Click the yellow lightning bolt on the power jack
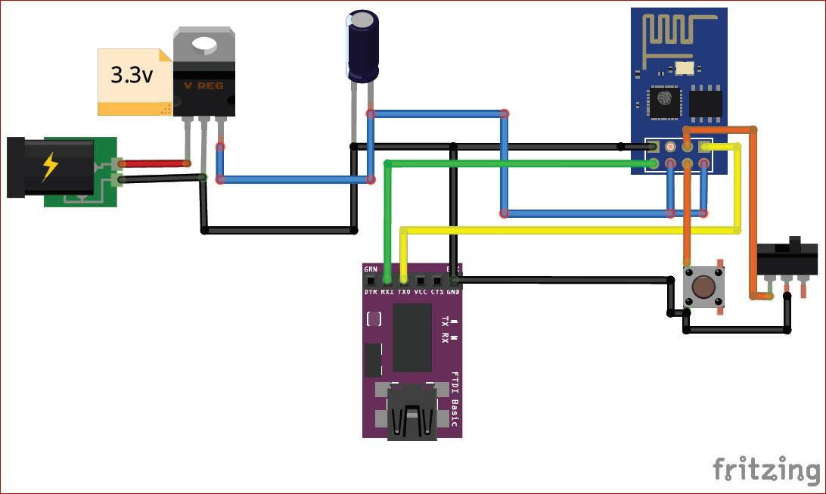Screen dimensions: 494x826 point(49,167)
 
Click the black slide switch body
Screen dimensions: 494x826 point(787,259)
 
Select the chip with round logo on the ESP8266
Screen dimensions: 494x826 point(665,101)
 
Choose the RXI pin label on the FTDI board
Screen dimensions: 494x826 point(387,291)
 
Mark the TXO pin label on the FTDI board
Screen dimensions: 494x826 point(404,291)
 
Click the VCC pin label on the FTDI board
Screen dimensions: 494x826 point(421,291)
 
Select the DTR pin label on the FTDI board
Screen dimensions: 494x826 point(371,291)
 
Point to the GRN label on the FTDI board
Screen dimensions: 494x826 point(371,269)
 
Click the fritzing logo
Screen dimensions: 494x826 point(765,469)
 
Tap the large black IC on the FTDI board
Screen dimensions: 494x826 point(412,337)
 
